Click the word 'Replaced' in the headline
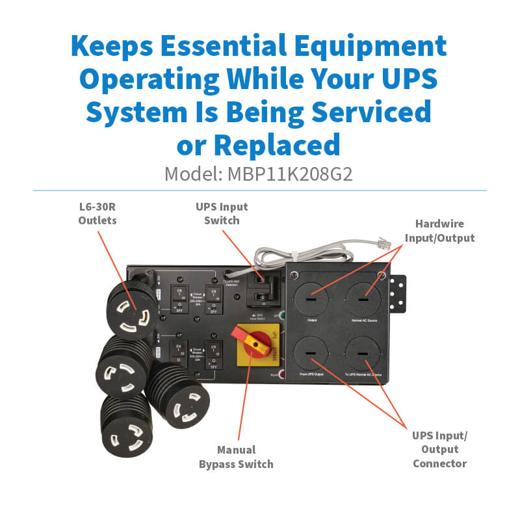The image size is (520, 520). coord(276,144)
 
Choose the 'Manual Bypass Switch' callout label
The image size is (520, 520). coord(245,456)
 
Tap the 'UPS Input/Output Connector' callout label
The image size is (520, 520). coord(440,449)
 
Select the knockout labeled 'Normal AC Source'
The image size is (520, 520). coord(363,296)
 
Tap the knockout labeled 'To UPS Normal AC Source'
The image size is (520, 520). coord(363,355)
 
